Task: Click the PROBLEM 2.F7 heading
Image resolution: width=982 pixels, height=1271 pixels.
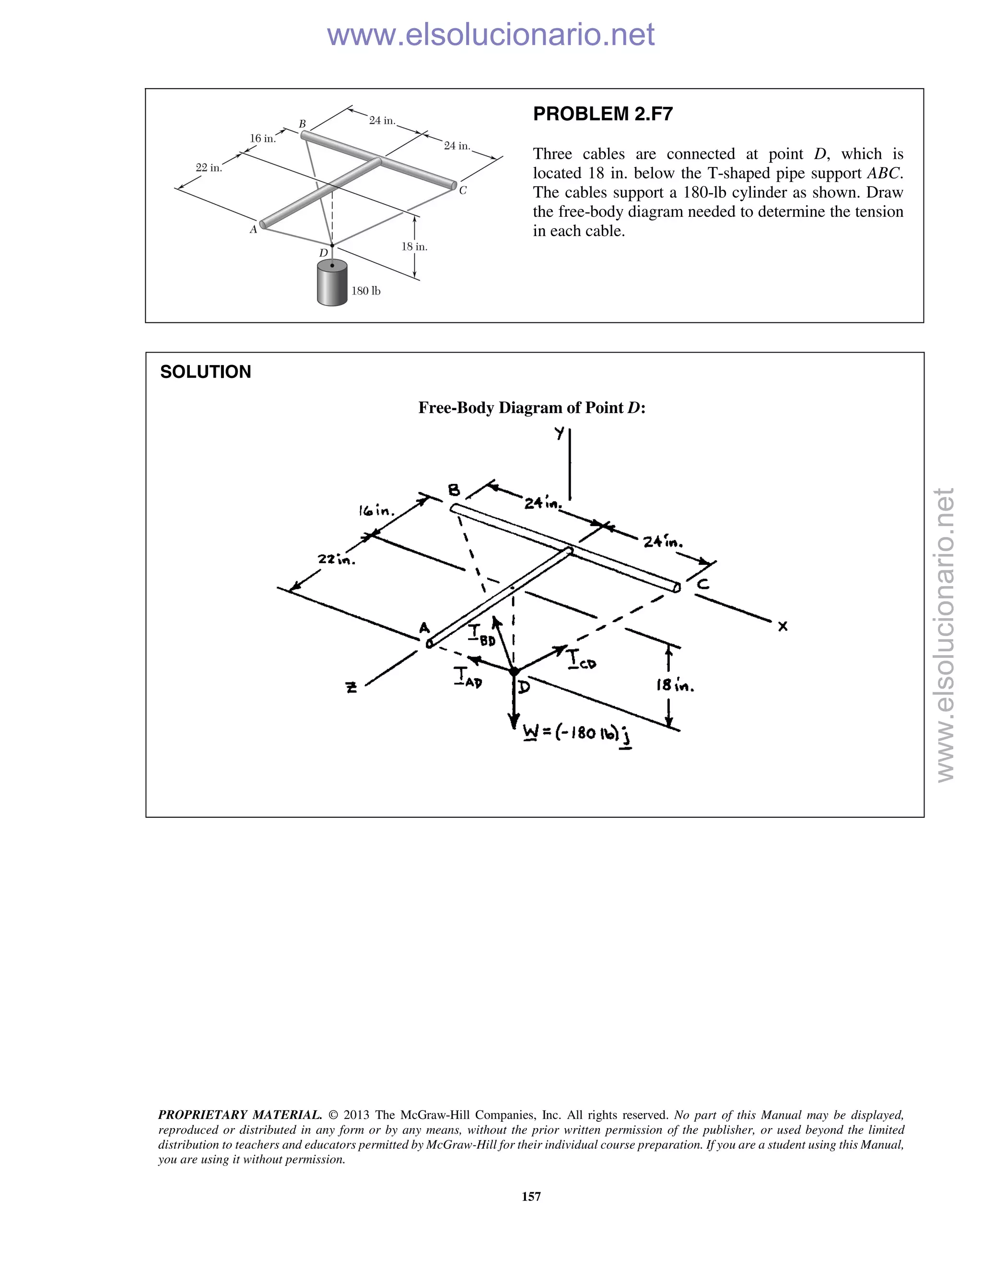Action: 603,114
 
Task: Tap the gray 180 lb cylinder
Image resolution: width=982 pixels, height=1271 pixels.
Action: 332,283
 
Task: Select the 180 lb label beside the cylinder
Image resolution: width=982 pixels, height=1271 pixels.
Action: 366,291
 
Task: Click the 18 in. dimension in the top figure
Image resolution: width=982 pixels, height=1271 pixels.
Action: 414,247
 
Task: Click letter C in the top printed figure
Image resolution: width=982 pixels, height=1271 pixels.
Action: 463,190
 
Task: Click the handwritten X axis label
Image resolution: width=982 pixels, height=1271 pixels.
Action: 783,626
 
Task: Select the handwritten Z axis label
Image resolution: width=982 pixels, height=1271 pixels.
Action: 351,687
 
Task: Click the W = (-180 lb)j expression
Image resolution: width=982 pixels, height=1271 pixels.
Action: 578,733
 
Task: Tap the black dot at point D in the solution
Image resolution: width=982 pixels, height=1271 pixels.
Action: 514,671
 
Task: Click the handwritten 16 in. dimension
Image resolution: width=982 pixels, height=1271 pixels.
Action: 376,511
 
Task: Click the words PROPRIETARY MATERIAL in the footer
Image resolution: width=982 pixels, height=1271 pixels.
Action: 240,1115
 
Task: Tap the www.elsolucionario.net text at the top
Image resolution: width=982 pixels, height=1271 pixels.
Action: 491,35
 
